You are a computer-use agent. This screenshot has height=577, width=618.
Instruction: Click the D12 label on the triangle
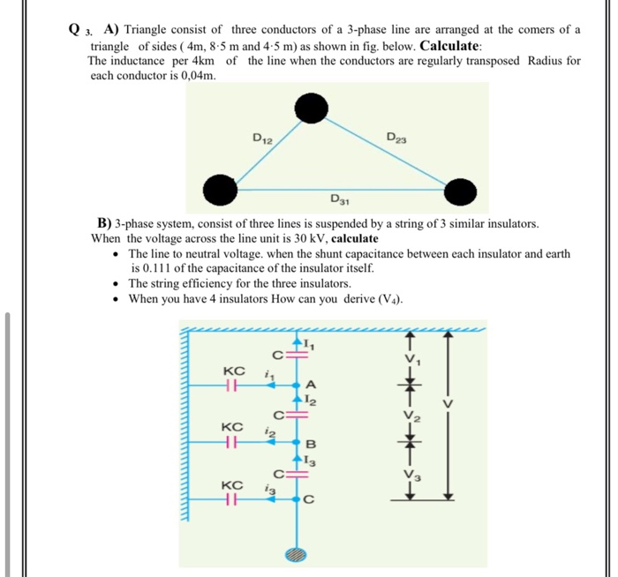click(x=262, y=138)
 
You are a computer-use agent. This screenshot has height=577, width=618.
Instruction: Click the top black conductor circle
click(x=310, y=109)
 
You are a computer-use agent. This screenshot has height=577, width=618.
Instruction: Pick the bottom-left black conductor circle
click(x=219, y=188)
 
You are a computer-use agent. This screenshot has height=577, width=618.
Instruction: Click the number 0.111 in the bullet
click(x=148, y=267)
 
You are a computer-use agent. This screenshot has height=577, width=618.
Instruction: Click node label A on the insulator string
click(x=311, y=385)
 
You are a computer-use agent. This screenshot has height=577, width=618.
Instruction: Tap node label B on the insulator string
click(x=310, y=442)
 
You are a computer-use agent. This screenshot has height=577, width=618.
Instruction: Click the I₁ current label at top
click(x=310, y=343)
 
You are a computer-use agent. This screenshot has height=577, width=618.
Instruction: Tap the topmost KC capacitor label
click(x=234, y=371)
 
